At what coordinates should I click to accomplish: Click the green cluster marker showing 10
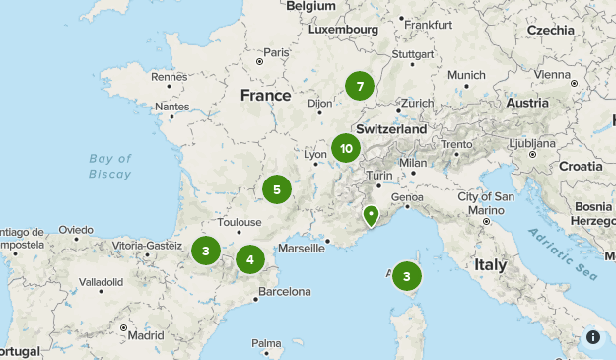345,149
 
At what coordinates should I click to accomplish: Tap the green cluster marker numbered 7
360,86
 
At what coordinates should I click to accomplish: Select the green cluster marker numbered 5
277,189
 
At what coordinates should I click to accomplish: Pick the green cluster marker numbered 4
250,260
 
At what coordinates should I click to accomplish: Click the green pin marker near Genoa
371,214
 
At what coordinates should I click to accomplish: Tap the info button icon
593,337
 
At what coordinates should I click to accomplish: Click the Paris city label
276,52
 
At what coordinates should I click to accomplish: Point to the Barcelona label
284,292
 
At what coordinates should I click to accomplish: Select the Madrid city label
145,334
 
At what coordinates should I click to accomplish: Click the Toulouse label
240,223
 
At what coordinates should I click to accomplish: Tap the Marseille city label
302,249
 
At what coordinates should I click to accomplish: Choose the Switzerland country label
391,129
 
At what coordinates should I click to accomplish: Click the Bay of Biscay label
109,166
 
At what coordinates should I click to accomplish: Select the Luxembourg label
343,30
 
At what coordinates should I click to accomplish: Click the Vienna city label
552,74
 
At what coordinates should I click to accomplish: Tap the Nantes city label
171,107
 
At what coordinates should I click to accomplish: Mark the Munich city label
466,75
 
